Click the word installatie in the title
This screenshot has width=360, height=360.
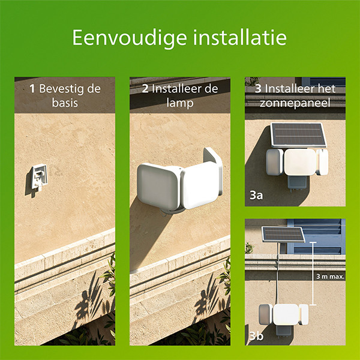tap(240, 37)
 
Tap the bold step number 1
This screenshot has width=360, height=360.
tap(32, 89)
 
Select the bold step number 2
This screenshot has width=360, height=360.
tap(145, 89)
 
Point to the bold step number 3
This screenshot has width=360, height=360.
tap(258, 89)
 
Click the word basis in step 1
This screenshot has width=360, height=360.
tap(65, 103)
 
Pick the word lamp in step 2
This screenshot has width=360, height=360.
tap(180, 103)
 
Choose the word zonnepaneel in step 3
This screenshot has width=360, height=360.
tap(295, 103)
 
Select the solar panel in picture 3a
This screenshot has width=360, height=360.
tap(298, 135)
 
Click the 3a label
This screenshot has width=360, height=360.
tap(256, 196)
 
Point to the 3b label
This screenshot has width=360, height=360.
tap(256, 337)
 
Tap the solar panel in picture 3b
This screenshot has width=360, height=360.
tap(283, 234)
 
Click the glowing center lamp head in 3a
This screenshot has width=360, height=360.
tap(300, 162)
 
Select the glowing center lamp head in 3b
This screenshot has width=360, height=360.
tap(286, 314)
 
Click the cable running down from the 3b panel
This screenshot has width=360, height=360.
tap(278, 273)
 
